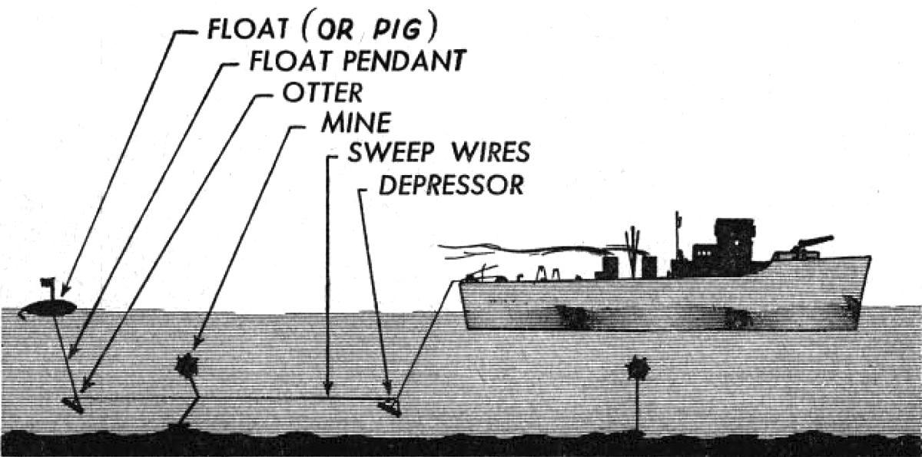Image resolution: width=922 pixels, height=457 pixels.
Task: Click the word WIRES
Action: click(489, 153)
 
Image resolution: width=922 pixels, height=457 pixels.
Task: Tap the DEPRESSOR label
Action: click(451, 184)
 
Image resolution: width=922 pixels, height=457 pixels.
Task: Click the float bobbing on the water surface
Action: click(48, 308)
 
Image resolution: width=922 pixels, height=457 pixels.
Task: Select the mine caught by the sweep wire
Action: click(187, 366)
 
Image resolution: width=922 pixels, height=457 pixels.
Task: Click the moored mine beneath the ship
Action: click(638, 369)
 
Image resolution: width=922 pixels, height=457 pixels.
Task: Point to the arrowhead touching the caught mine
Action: click(199, 345)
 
